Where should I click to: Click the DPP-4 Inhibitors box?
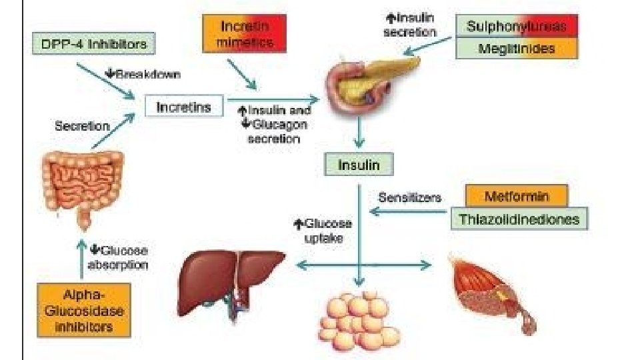click(x=93, y=45)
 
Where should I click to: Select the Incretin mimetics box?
click(x=244, y=34)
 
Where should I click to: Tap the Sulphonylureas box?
click(x=517, y=27)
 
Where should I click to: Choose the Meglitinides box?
click(x=517, y=48)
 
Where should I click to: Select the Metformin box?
click(x=517, y=197)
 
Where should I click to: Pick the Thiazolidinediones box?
click(x=519, y=219)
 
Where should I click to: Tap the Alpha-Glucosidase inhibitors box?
click(x=83, y=310)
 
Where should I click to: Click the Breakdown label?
click(x=141, y=74)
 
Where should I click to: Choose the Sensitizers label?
click(x=409, y=197)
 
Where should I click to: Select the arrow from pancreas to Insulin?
click(x=360, y=133)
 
